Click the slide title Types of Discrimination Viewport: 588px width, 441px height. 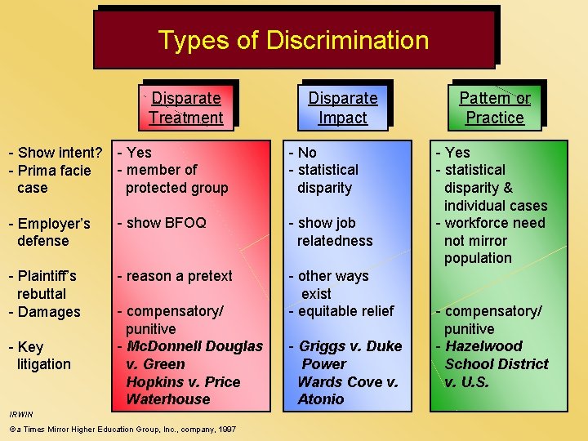(293, 39)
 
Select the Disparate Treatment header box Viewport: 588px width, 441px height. (187, 108)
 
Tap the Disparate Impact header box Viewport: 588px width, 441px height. (342, 108)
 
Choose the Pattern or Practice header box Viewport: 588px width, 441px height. (494, 108)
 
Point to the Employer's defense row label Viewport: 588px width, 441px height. (49, 232)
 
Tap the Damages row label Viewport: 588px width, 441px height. (45, 312)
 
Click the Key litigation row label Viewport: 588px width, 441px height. (40, 355)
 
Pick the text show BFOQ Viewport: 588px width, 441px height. (162, 223)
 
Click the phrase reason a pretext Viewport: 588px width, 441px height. (175, 276)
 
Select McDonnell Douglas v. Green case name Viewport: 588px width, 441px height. (193, 355)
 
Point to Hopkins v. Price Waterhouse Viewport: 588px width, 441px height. (183, 390)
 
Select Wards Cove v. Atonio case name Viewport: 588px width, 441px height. (347, 390)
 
